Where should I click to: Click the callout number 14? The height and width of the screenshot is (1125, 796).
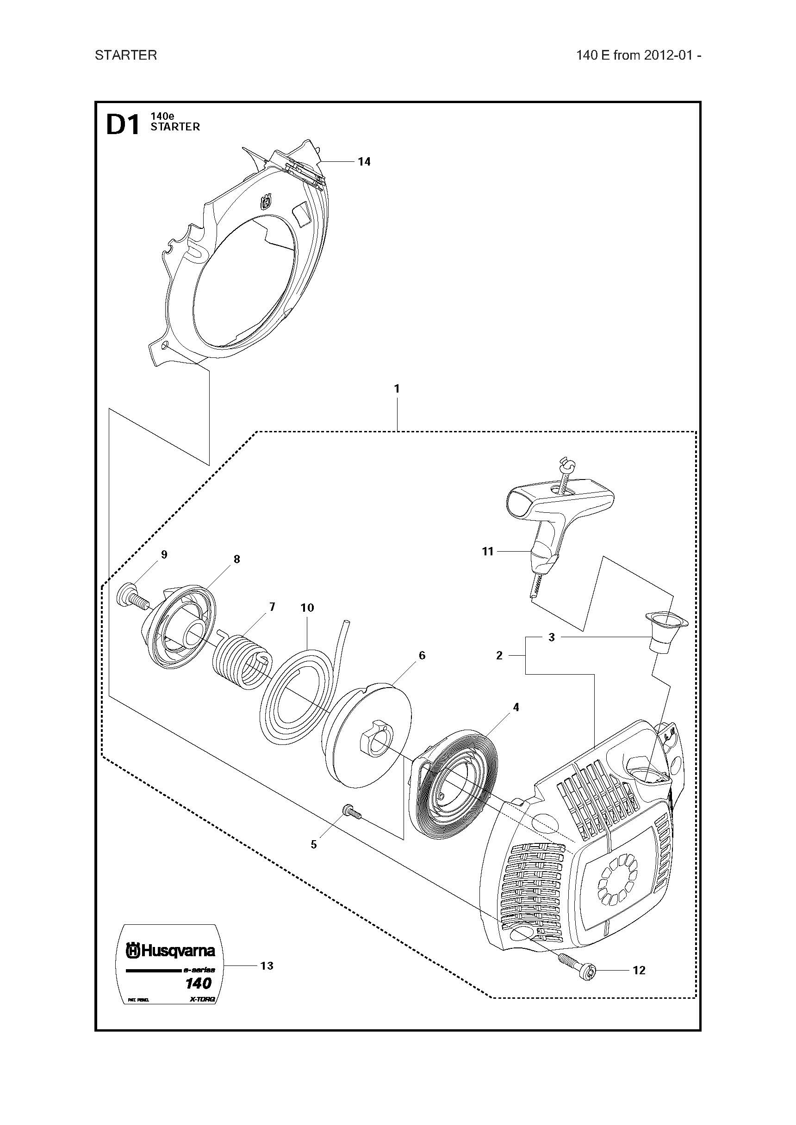tap(364, 162)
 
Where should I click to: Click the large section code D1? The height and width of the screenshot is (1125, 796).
tap(123, 125)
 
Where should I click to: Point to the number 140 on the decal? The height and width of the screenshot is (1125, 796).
tap(198, 984)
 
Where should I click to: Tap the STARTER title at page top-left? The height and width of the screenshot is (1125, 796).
tap(126, 55)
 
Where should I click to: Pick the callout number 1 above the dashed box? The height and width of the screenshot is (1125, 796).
tap(397, 388)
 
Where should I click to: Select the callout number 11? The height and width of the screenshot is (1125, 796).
tap(487, 552)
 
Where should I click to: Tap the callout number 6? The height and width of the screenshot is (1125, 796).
tap(421, 656)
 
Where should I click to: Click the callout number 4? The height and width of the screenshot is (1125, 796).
tap(516, 707)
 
